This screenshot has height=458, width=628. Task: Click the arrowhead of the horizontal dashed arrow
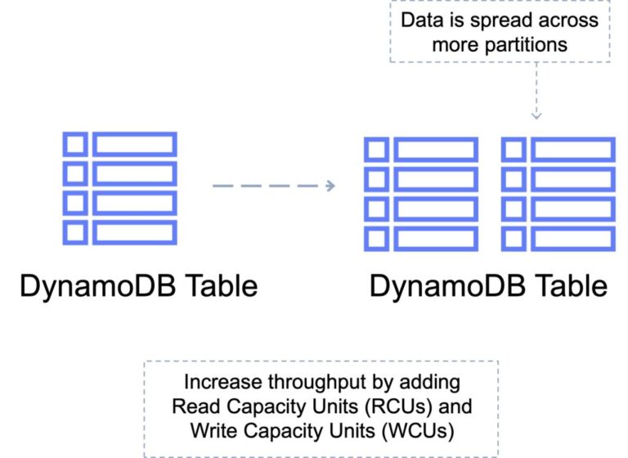330,186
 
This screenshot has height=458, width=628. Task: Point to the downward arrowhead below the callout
536,114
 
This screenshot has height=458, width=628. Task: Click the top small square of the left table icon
75,145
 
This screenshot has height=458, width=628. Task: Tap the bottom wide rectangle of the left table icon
134,232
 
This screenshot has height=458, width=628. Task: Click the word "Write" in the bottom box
212,428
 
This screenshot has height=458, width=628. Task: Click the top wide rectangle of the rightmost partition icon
572,150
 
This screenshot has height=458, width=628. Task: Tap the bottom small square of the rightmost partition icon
514,238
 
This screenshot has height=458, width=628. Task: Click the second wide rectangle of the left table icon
134,173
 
